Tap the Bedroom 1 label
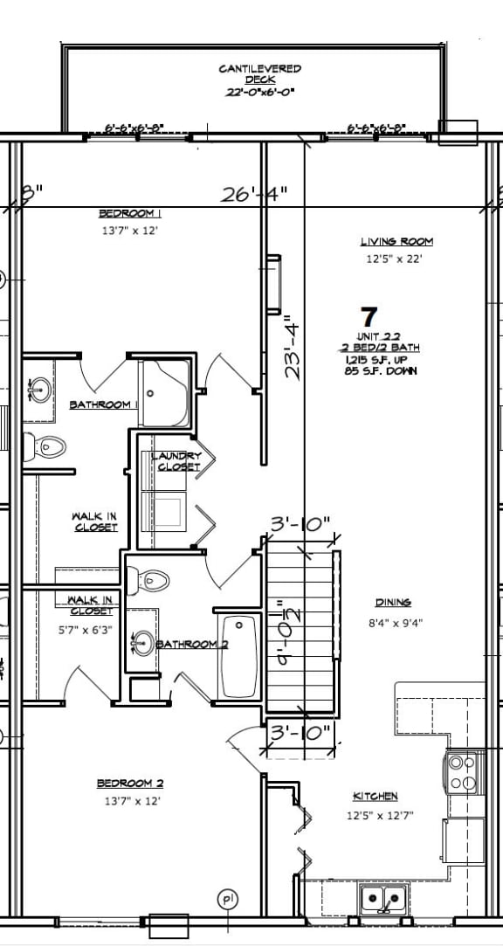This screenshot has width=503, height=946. (129, 214)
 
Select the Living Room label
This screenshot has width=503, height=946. (396, 242)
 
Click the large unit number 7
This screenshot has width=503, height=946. (369, 315)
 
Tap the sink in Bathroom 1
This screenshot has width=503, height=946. (38, 388)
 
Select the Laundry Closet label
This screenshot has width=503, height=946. (177, 461)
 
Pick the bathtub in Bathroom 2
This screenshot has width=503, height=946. (238, 657)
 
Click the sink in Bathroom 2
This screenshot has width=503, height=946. (142, 645)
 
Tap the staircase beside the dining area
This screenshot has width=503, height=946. (300, 629)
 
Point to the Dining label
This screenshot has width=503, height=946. (393, 603)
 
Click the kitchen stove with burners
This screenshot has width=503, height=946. (464, 772)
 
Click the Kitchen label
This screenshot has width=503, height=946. (375, 796)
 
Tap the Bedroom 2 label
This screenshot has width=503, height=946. (129, 784)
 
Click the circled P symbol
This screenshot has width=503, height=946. (228, 899)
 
